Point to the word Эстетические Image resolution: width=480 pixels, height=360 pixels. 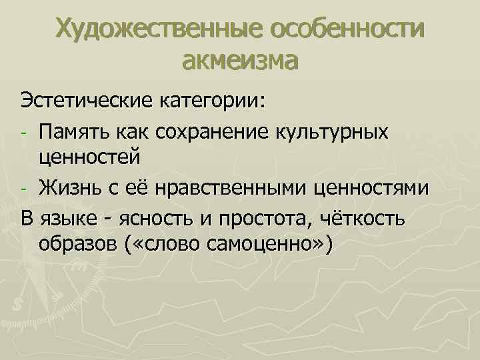point(85,102)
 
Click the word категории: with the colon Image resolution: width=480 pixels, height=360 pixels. point(213,102)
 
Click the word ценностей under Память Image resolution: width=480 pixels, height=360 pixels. point(90,159)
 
